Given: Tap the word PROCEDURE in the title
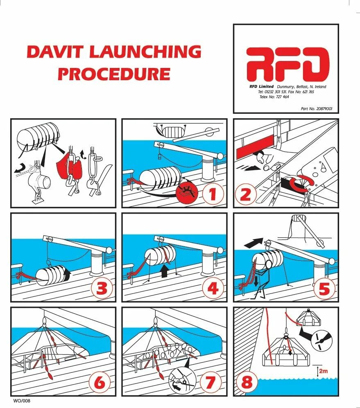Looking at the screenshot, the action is click(x=114, y=74).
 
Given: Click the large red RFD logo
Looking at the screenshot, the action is click(x=288, y=64).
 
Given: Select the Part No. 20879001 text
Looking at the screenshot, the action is click(x=317, y=109).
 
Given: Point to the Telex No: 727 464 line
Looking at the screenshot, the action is click(x=274, y=97).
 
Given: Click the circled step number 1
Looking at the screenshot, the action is click(x=213, y=194).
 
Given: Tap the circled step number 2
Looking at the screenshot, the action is click(x=246, y=194).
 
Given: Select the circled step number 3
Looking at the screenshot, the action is click(x=102, y=289).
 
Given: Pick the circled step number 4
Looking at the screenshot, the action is click(x=213, y=289).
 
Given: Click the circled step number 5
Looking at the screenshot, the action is click(x=324, y=289).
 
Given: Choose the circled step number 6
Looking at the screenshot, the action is click(x=100, y=383).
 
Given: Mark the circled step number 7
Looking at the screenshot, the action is click(x=211, y=383).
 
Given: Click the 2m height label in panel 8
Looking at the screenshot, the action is click(x=323, y=371).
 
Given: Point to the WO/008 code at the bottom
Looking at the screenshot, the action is click(x=22, y=401).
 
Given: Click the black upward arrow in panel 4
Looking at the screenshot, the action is click(x=165, y=272).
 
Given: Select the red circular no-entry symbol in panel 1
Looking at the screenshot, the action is click(x=187, y=193).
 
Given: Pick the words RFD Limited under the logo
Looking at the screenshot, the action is click(x=262, y=86).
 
